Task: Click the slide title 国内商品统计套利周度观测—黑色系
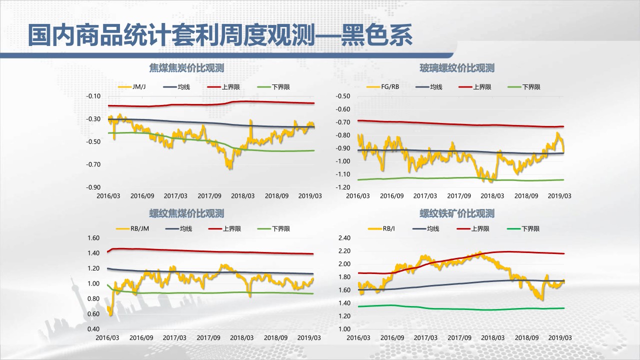pyautogui.click(x=220, y=35)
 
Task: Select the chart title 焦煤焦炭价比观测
pyautogui.click(x=186, y=68)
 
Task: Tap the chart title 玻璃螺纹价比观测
pyautogui.click(x=457, y=68)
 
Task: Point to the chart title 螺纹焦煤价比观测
pyautogui.click(x=186, y=213)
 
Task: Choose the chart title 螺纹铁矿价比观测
pyautogui.click(x=457, y=213)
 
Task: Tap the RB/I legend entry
pyautogui.click(x=388, y=229)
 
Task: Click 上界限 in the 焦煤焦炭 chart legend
pyautogui.click(x=230, y=87)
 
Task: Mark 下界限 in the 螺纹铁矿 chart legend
pyautogui.click(x=530, y=229)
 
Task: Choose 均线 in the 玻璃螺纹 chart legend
pyautogui.click(x=436, y=87)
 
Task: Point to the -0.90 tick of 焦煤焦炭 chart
pyautogui.click(x=93, y=187)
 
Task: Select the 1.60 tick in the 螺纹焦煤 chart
pyautogui.click(x=94, y=238)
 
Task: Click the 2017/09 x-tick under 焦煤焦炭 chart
pyautogui.click(x=209, y=196)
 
